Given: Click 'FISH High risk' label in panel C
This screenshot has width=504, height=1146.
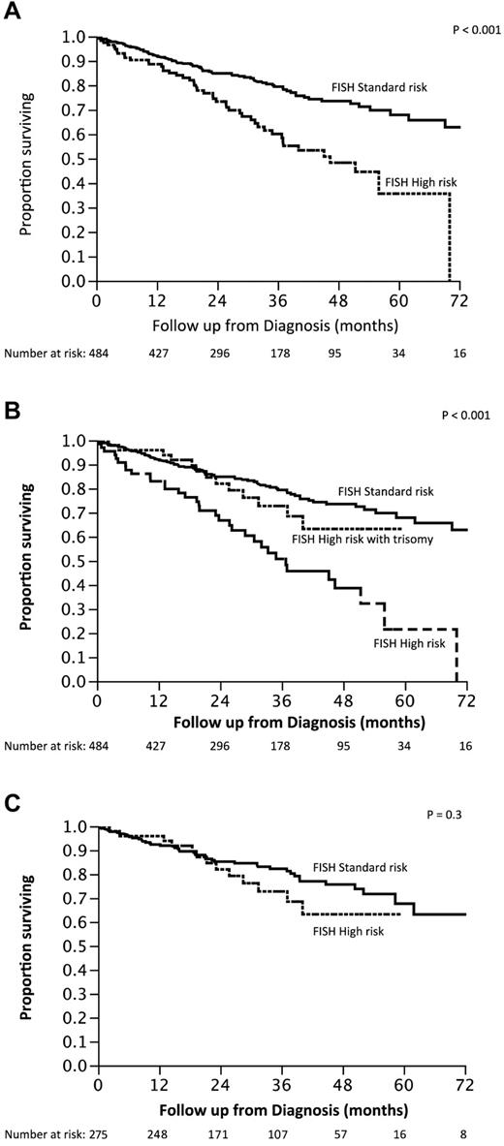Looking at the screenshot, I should point(349,932).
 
